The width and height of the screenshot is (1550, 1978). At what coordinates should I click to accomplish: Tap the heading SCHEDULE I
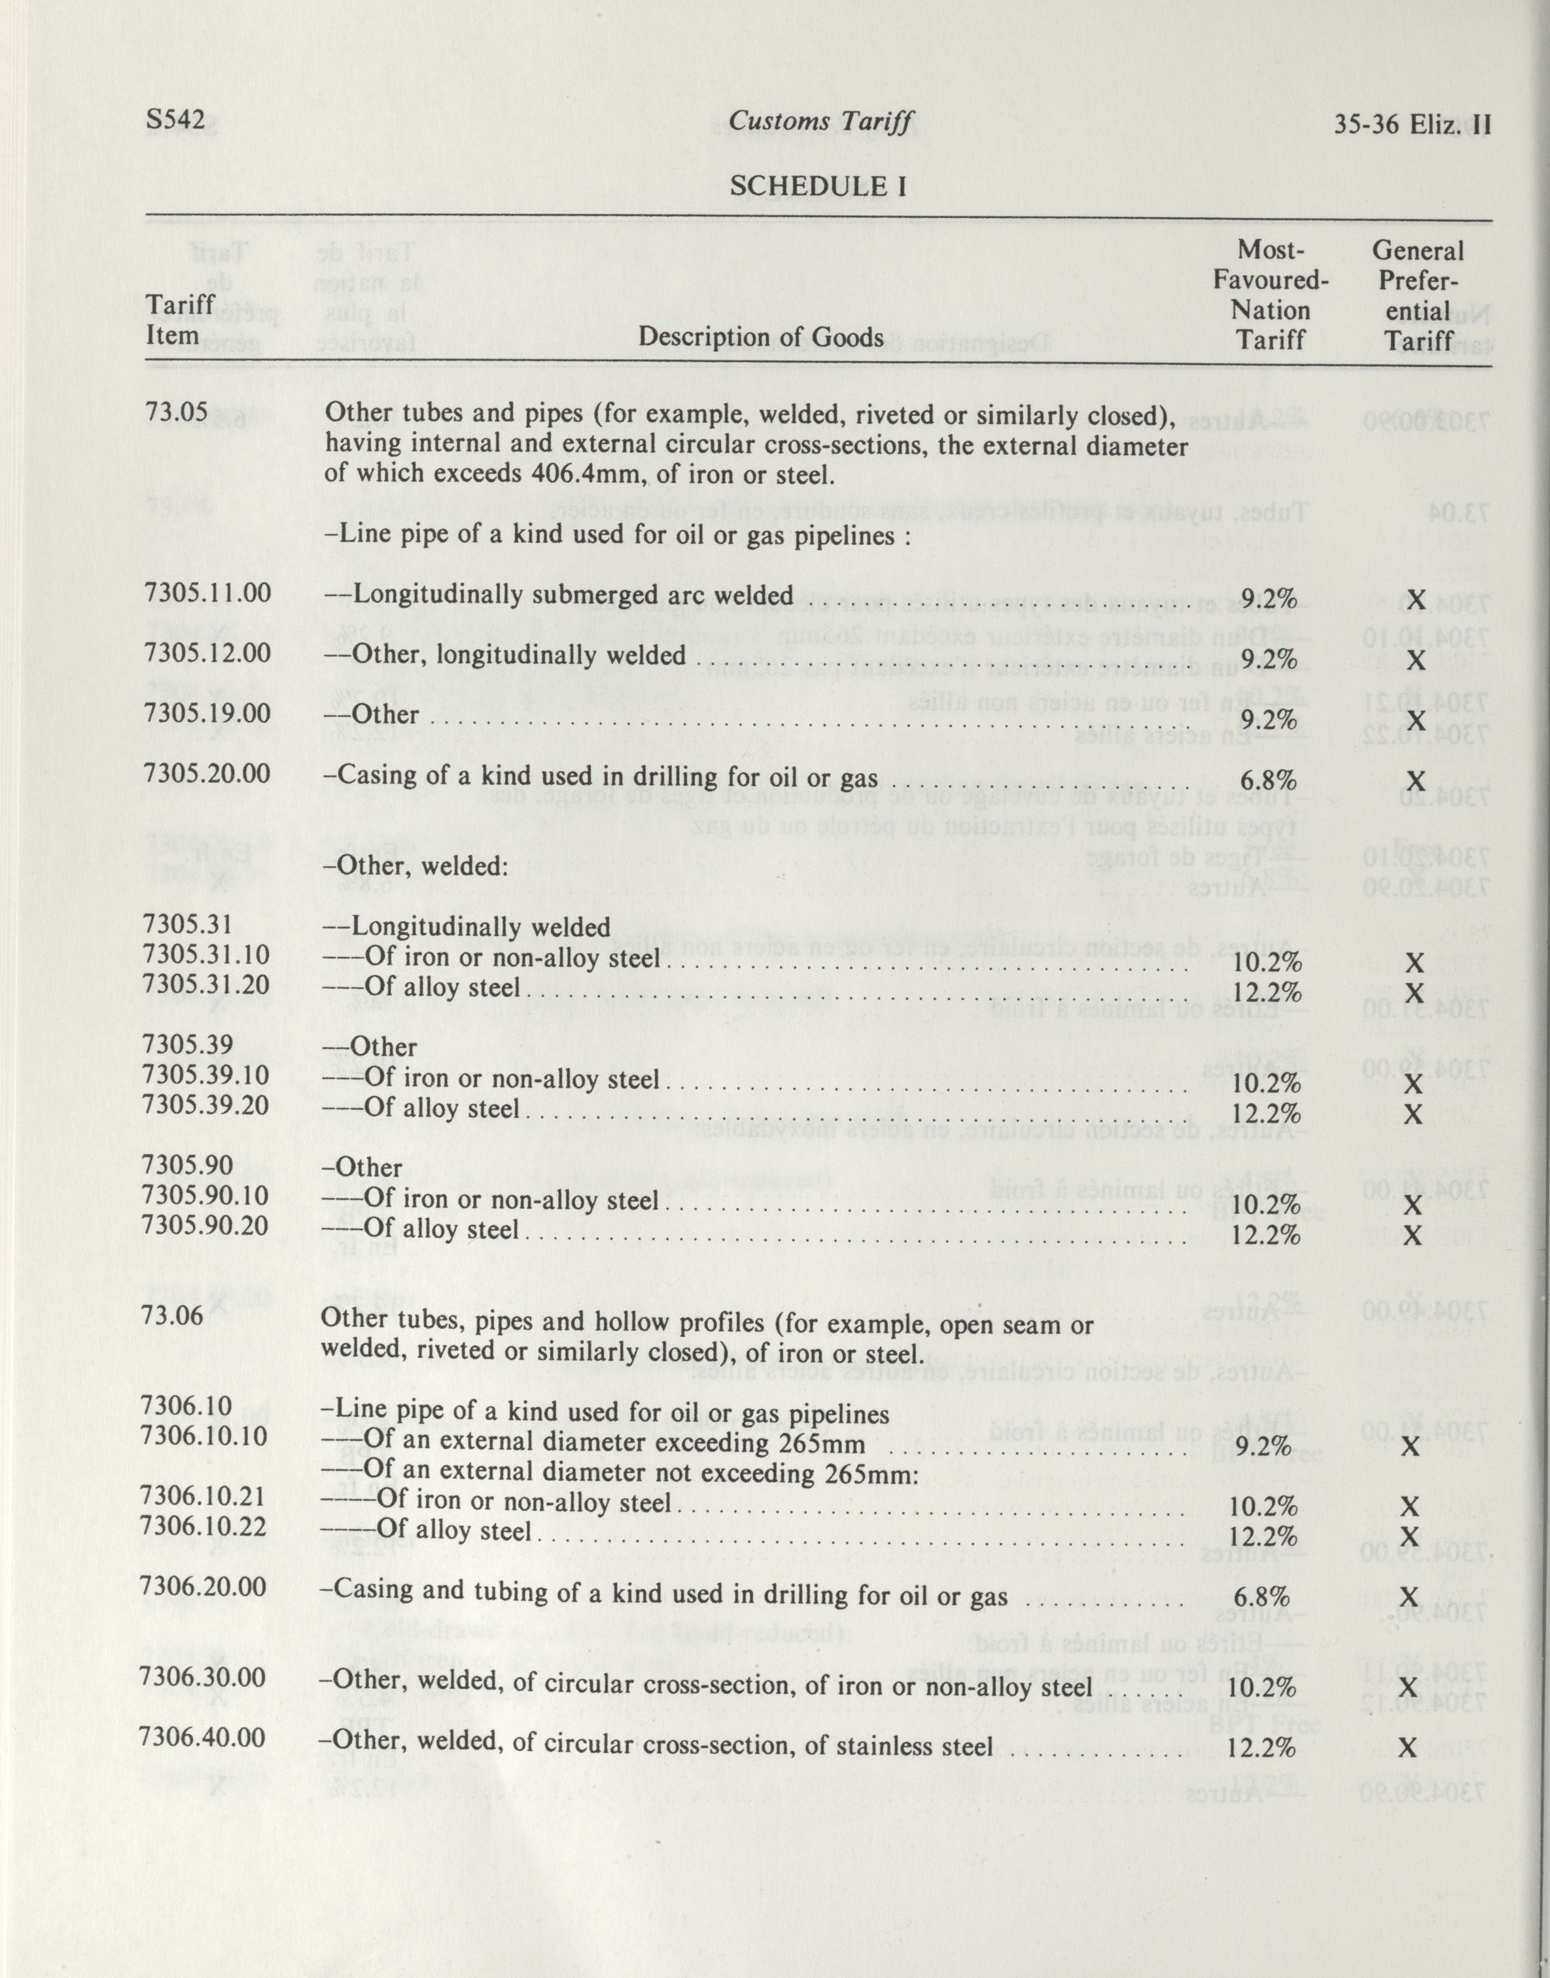pos(819,185)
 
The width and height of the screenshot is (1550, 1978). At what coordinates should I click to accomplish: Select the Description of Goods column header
pos(760,338)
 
